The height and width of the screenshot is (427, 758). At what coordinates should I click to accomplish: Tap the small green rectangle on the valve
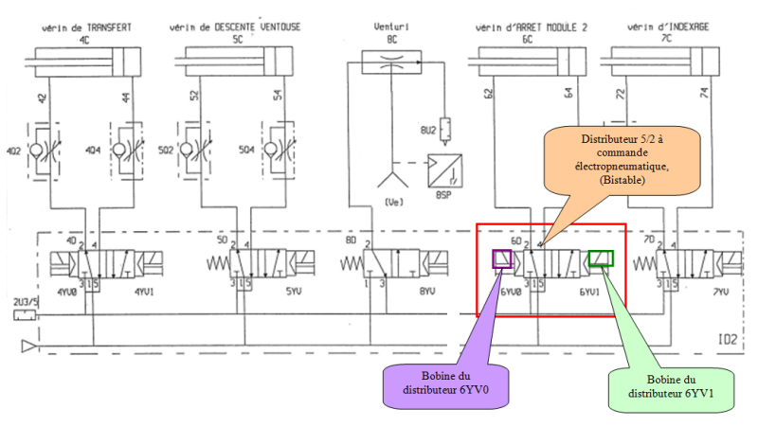pos(601,258)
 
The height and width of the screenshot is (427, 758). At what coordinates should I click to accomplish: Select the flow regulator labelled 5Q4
pos(273,151)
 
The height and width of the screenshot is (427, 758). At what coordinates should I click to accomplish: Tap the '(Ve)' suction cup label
pos(390,202)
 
